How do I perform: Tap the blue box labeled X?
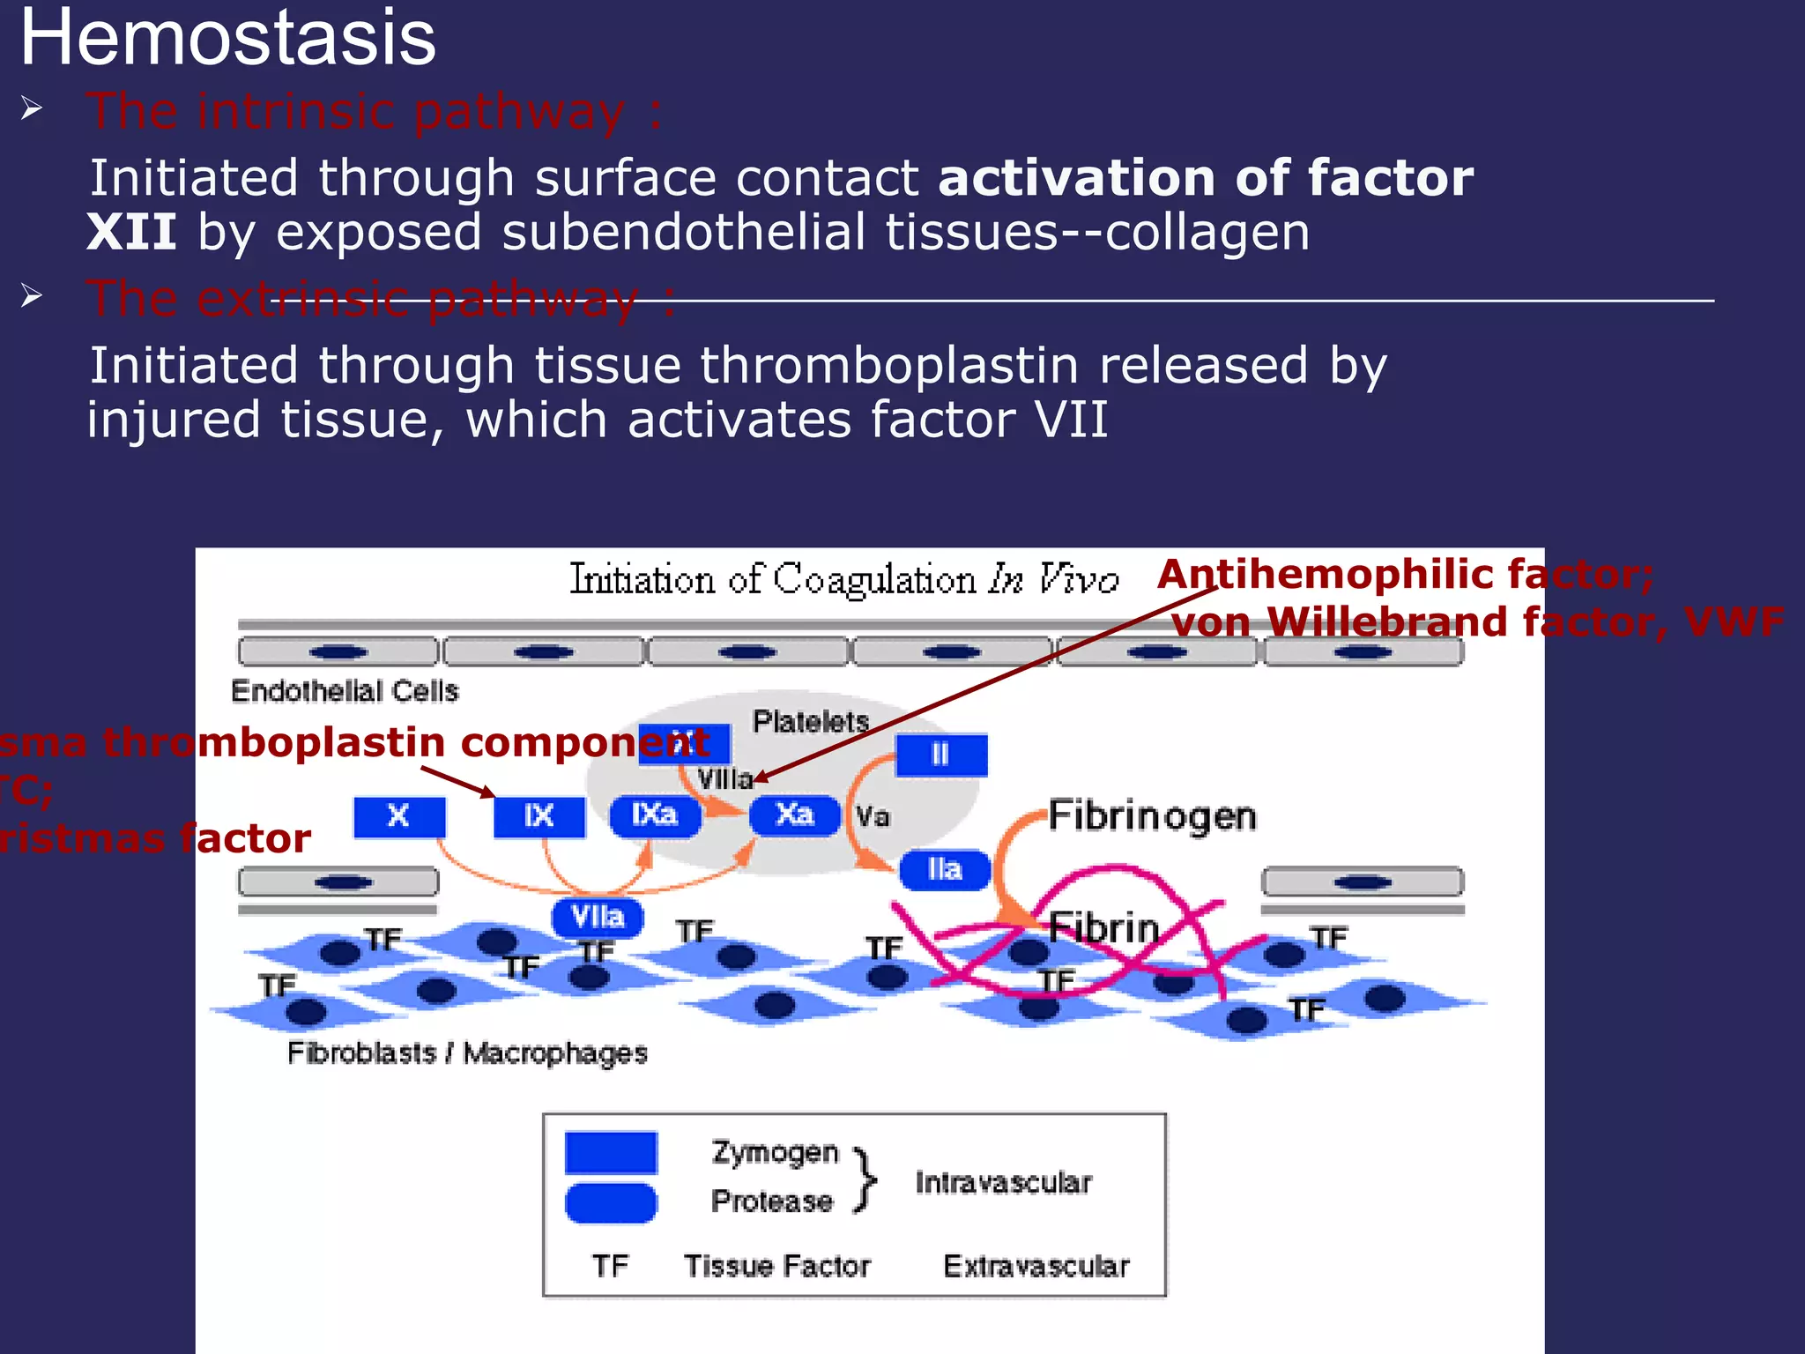398,816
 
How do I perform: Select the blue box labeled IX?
539,816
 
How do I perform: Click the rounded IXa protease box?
655,815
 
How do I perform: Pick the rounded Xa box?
794,815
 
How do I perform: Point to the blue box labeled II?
940,755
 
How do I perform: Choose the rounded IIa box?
944,870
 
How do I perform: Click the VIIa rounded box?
597,918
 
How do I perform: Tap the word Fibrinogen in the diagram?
1152,816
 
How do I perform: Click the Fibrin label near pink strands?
1103,928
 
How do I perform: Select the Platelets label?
810,722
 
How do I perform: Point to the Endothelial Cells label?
345,691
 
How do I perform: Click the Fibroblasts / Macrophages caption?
467,1053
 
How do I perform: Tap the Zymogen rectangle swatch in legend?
611,1152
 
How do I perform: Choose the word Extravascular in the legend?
1036,1267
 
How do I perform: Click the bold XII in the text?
131,233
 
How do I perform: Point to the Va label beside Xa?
873,816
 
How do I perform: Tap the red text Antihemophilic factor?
1405,575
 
